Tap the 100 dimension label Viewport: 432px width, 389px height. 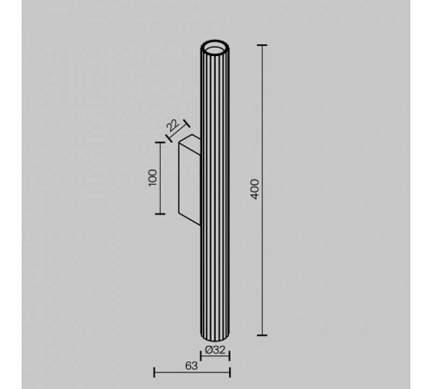(153, 177)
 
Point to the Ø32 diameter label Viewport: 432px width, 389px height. (216, 351)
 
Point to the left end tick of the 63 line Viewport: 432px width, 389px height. (154, 373)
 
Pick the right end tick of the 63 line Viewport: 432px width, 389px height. (230, 373)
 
